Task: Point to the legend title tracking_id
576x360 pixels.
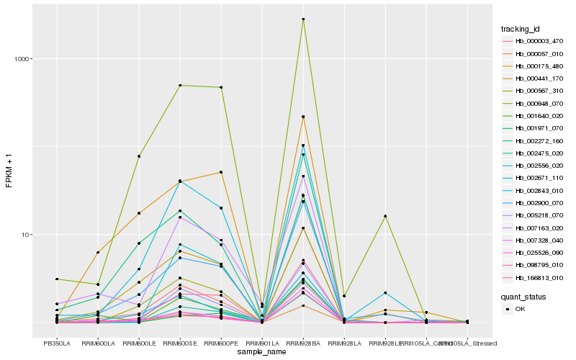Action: (521, 29)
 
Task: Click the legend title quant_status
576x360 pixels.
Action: (524, 296)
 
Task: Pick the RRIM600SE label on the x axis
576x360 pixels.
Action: (179, 343)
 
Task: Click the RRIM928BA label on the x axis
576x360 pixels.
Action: (303, 343)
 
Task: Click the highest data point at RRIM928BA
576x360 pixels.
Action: (303, 19)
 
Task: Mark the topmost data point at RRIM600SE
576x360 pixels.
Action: (180, 86)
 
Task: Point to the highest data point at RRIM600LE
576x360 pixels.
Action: (139, 156)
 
